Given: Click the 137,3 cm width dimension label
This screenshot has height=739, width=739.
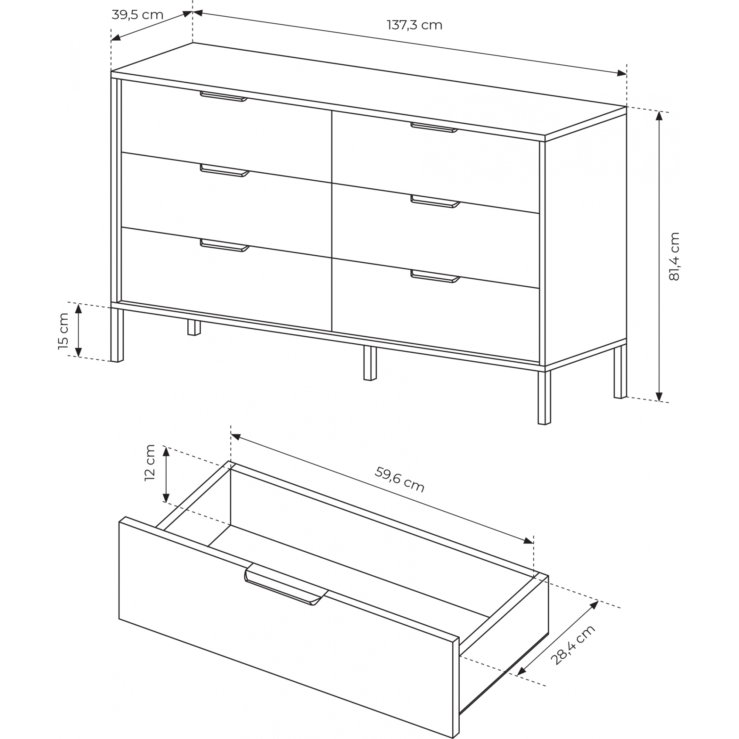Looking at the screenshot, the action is (415, 25).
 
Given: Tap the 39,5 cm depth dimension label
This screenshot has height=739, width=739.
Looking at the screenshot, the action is (137, 15).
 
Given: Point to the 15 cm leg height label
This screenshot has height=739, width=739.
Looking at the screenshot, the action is (63, 331).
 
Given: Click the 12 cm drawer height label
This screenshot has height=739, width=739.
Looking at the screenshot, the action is (150, 463).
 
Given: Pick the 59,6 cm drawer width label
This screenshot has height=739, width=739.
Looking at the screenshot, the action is (399, 480).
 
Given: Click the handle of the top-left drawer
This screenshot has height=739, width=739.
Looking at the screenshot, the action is (224, 97).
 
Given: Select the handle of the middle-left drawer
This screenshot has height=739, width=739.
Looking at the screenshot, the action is (225, 171).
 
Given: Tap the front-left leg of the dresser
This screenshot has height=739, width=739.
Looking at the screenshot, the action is (117, 335).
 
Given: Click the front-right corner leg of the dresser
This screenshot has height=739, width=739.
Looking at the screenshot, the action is (544, 398).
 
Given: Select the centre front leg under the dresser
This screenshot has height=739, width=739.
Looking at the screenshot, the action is (370, 363).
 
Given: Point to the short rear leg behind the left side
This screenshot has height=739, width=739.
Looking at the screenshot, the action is (194, 328).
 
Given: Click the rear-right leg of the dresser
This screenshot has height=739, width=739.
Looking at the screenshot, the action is (620, 371).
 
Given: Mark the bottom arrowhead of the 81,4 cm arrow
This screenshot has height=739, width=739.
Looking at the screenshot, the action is (659, 396).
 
